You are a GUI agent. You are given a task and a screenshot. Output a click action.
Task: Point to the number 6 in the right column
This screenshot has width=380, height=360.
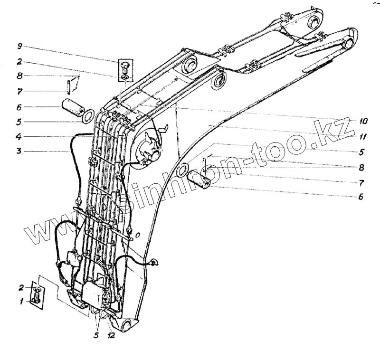[361, 196]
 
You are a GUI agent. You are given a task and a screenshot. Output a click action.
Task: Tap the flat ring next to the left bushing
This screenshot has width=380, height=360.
[88, 116]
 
